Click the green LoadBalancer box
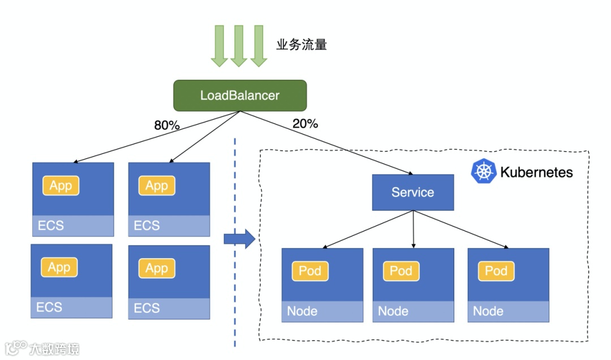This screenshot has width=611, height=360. point(240,95)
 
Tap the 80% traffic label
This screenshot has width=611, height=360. point(166,125)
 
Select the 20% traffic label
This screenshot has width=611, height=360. point(305,123)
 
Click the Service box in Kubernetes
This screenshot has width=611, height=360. point(412,192)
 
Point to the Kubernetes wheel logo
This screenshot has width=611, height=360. point(483,172)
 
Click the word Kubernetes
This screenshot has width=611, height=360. point(536,172)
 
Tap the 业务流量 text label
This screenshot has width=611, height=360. point(302,45)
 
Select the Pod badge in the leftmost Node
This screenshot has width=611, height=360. point(310,271)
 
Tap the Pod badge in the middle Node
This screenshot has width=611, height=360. point(401,271)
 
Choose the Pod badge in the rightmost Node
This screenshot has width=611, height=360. point(496,271)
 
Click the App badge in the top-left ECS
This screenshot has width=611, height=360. point(61,186)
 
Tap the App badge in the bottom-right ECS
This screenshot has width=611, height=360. point(157,268)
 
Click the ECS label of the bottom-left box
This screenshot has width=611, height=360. point(49,307)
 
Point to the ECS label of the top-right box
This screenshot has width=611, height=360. point(147,226)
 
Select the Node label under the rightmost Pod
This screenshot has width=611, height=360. point(488,311)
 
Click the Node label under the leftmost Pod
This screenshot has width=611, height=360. point(302,311)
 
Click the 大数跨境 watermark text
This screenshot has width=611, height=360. point(55,348)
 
